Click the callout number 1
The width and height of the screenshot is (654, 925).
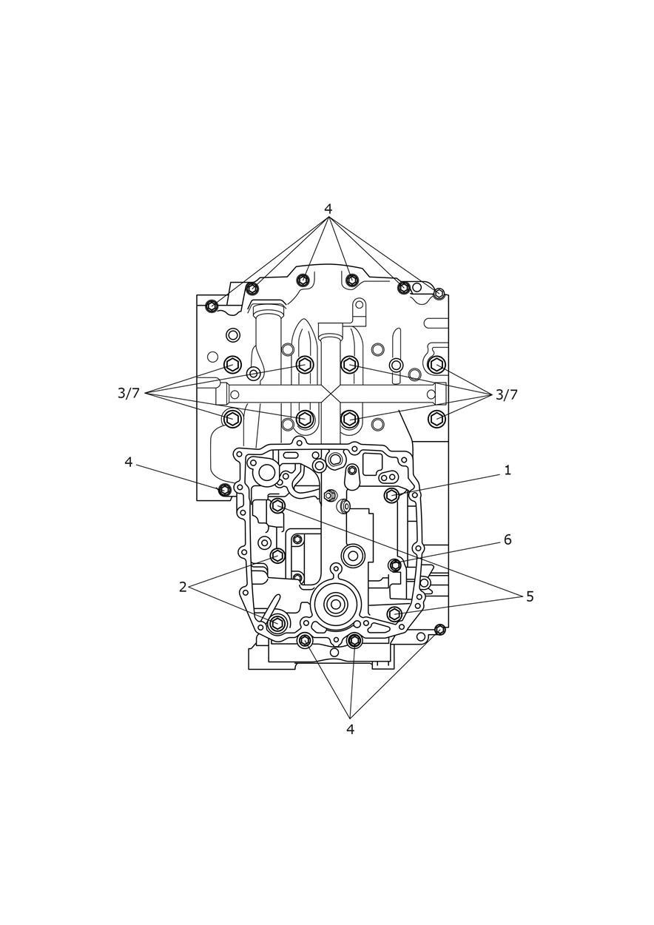(508, 470)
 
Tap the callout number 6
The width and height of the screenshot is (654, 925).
(508, 539)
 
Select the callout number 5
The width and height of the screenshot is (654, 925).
(530, 596)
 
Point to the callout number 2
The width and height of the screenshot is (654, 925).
(183, 587)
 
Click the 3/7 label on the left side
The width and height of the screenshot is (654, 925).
(129, 393)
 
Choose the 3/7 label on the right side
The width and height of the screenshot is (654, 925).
(506, 394)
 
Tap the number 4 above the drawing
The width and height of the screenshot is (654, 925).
(328, 209)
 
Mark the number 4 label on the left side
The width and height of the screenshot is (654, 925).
(129, 462)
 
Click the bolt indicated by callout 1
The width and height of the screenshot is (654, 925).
(392, 495)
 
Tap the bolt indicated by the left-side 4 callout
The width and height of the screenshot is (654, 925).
(225, 490)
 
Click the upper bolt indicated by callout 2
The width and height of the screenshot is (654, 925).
(277, 556)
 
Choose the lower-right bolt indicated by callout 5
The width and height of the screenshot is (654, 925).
(394, 614)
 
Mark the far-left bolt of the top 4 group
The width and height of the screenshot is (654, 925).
(212, 306)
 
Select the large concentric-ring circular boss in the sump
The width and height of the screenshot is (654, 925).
(335, 605)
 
